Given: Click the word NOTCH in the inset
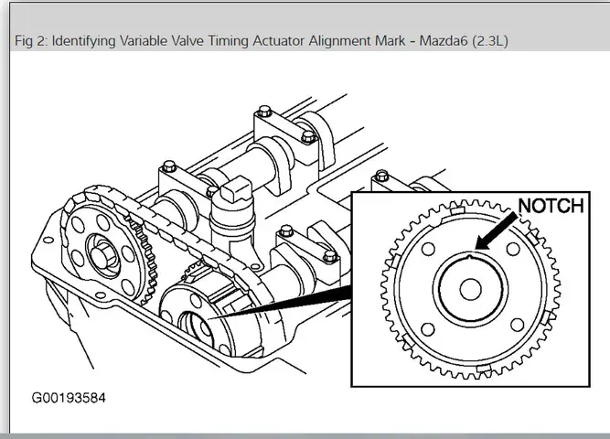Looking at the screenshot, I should click(551, 206).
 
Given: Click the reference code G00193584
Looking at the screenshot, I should click(69, 399).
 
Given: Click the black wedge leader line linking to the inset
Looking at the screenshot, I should click(284, 306).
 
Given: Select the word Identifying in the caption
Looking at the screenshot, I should click(88, 42).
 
